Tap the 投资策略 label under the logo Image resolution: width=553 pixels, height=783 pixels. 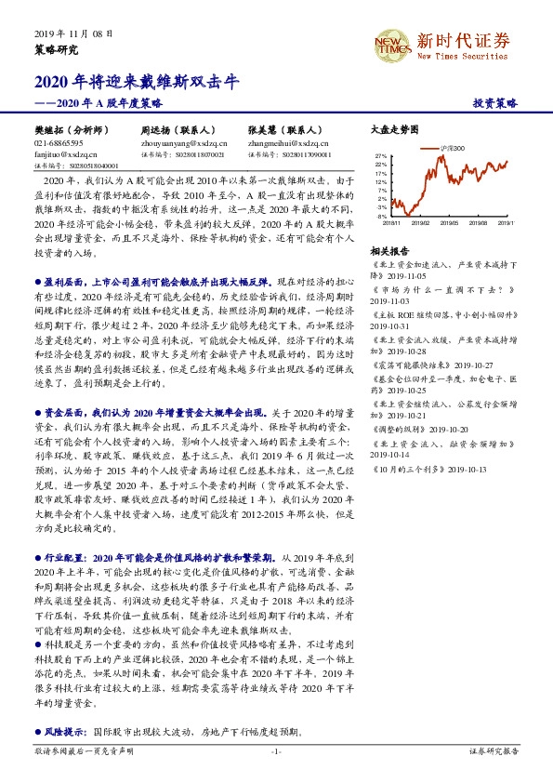[x=495, y=103]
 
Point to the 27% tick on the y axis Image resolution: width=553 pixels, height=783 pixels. [x=382, y=156]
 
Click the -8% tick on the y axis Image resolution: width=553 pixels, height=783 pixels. [x=383, y=216]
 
